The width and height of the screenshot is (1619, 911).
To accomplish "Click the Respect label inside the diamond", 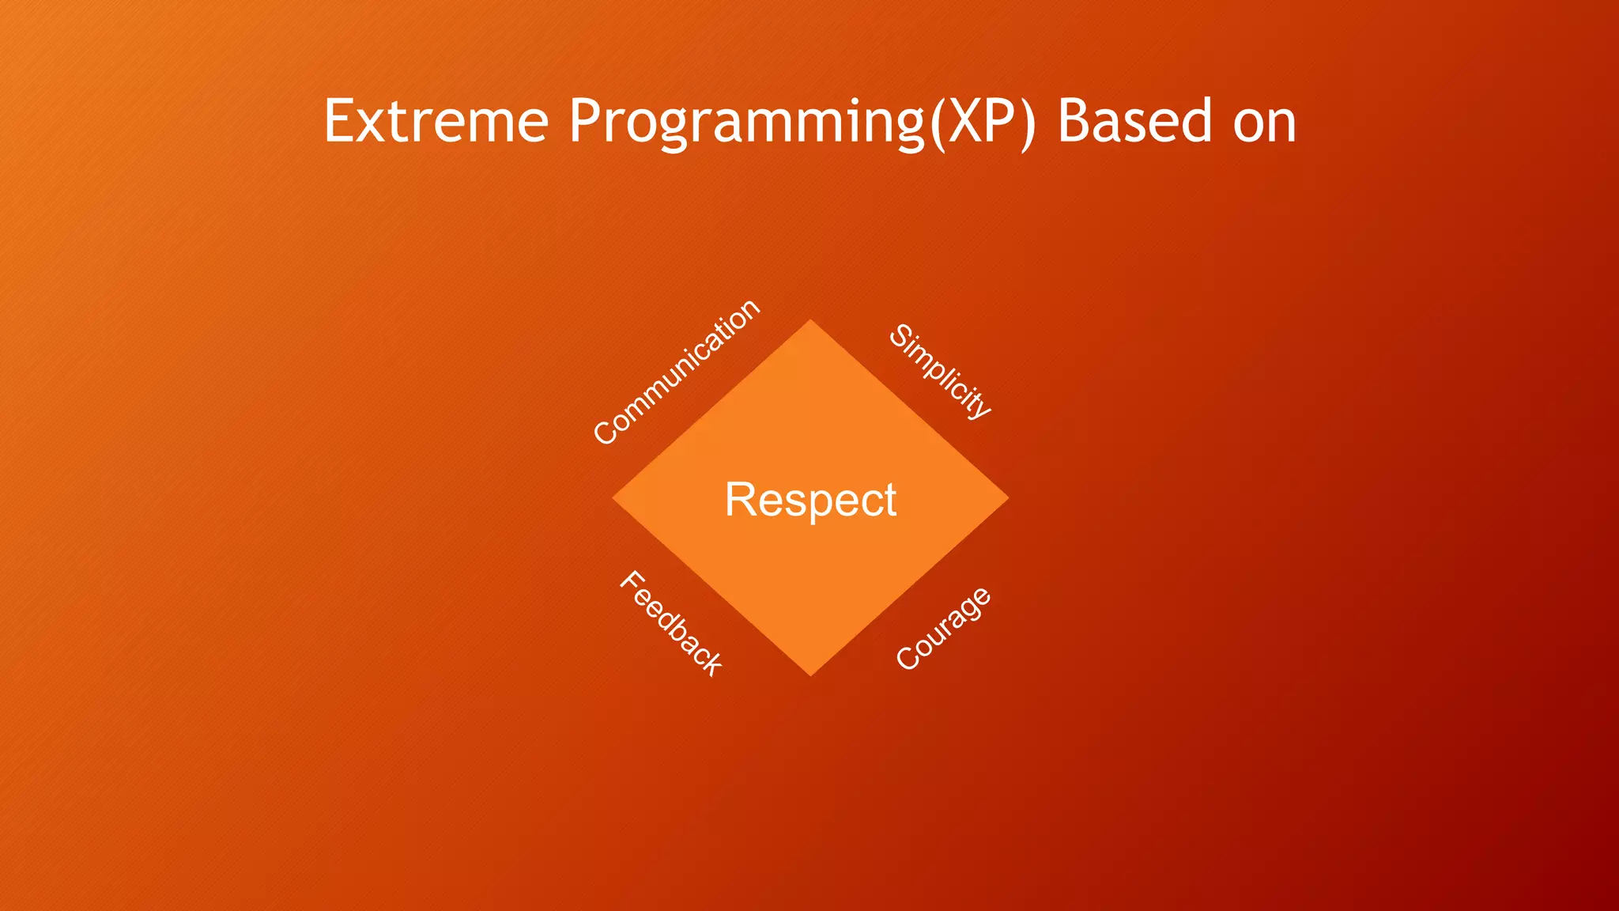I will (810, 500).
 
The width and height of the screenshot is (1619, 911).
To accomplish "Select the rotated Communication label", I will (677, 372).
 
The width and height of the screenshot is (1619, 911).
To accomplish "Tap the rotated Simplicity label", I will (940, 371).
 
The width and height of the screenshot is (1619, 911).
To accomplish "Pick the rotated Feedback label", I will (670, 623).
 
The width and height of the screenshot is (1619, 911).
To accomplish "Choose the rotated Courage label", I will (943, 629).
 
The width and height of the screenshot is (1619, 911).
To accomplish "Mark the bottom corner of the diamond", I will (810, 673).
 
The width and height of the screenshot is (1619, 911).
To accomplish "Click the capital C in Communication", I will (606, 433).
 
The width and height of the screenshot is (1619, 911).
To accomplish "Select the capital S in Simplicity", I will (900, 336).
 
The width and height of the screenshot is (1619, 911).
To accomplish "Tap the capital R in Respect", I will (740, 500).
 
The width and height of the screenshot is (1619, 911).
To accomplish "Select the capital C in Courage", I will (908, 658).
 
